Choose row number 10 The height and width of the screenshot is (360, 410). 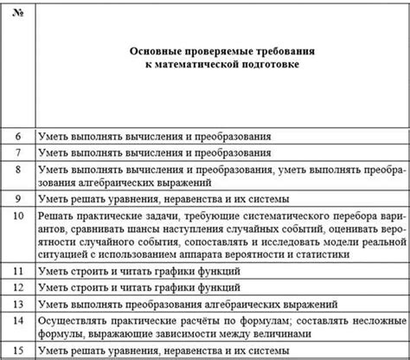pyautogui.click(x=20, y=215)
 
